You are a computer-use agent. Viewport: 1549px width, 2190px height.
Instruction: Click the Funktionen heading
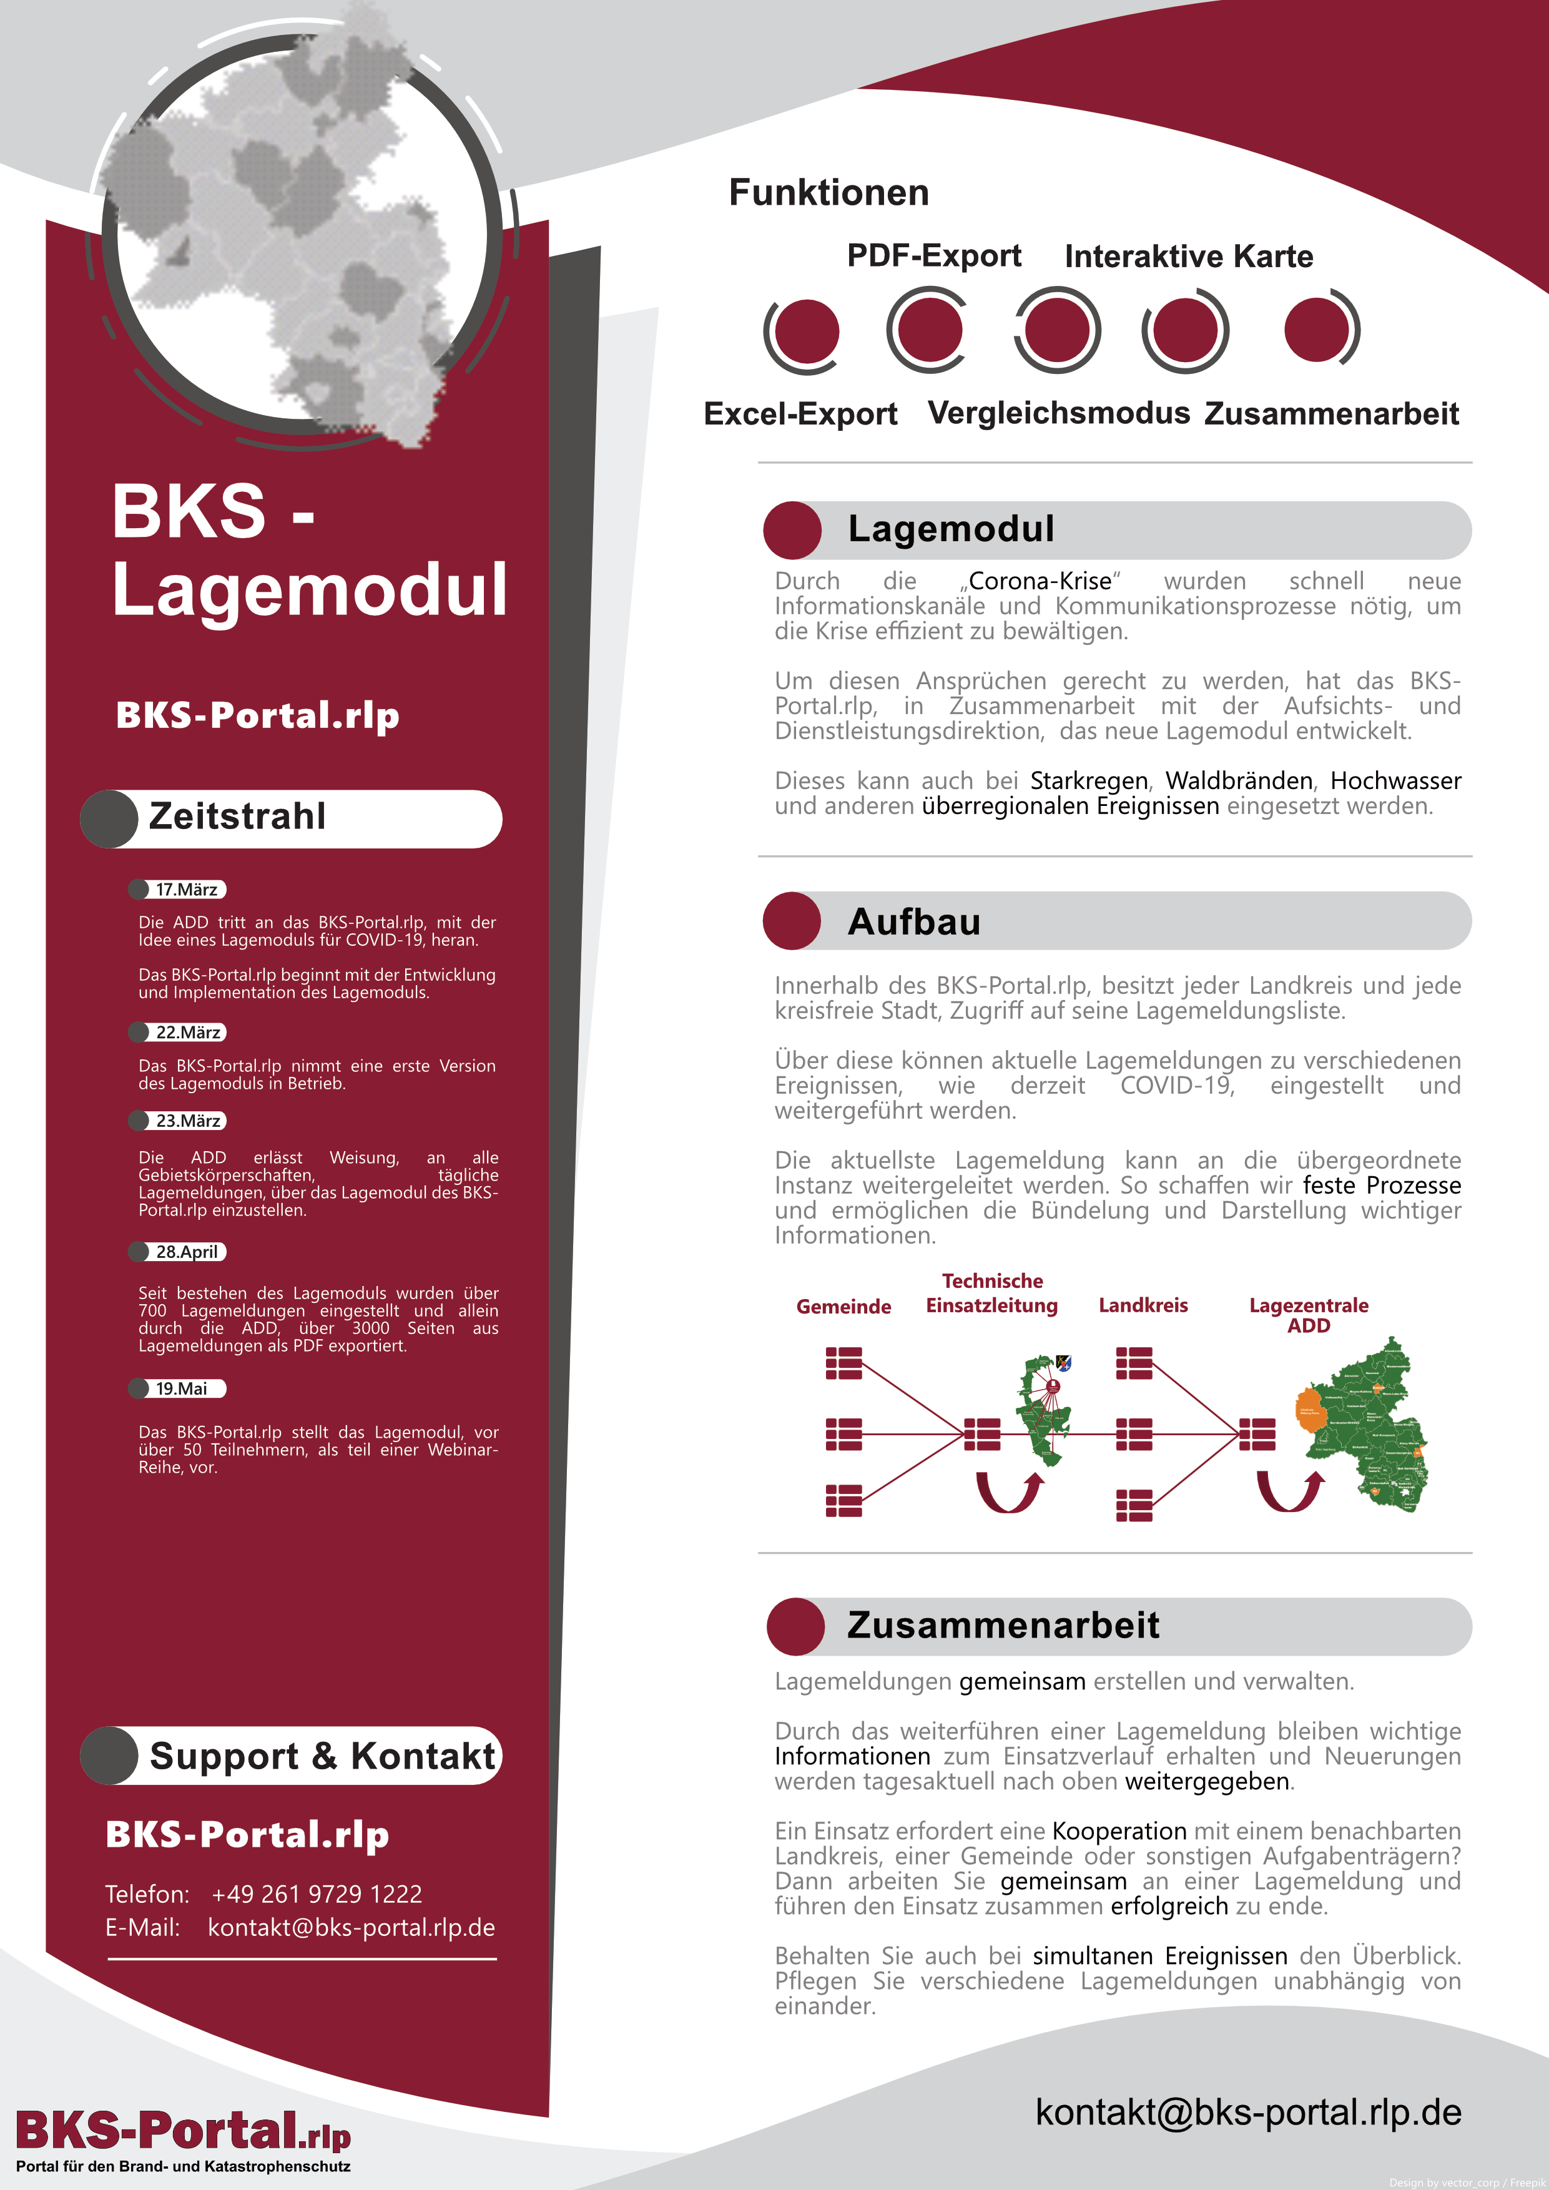pyautogui.click(x=828, y=193)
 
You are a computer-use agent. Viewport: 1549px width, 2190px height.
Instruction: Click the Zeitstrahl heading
pyautogui.click(x=237, y=817)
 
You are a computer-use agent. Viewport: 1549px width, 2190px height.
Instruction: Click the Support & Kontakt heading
pyautogui.click(x=322, y=1756)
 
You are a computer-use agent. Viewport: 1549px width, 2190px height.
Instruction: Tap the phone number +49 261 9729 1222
pyautogui.click(x=316, y=1893)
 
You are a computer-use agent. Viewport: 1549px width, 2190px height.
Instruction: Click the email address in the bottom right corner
pyautogui.click(x=1247, y=2112)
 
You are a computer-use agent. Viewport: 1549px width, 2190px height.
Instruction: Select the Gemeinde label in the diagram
pyautogui.click(x=843, y=1306)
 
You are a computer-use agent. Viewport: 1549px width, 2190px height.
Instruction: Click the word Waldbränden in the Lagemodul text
pyautogui.click(x=1238, y=780)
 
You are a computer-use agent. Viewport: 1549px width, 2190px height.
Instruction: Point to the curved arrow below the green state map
pyautogui.click(x=1289, y=1491)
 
